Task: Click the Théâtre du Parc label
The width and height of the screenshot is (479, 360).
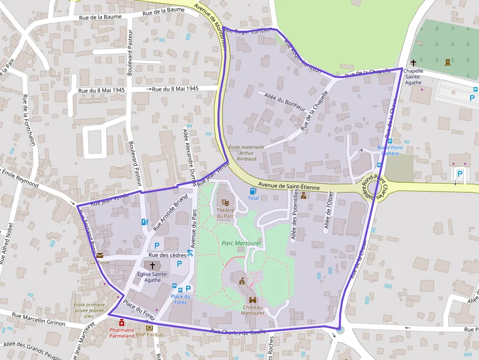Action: click(225, 213)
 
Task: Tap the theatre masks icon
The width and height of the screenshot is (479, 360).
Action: click(225, 201)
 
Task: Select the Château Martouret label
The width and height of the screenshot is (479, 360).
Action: click(253, 310)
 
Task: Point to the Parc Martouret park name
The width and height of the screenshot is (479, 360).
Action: click(241, 243)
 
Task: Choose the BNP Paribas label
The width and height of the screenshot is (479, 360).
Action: click(150, 335)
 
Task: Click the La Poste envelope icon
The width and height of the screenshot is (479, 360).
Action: click(100, 255)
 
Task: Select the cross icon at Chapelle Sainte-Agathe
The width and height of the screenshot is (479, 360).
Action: click(414, 63)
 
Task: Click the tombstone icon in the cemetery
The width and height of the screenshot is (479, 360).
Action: click(447, 62)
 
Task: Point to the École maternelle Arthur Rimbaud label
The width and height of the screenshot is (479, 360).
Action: click(246, 152)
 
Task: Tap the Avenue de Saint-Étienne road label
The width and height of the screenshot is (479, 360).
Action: click(289, 186)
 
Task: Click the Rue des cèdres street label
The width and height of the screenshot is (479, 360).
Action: click(167, 255)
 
